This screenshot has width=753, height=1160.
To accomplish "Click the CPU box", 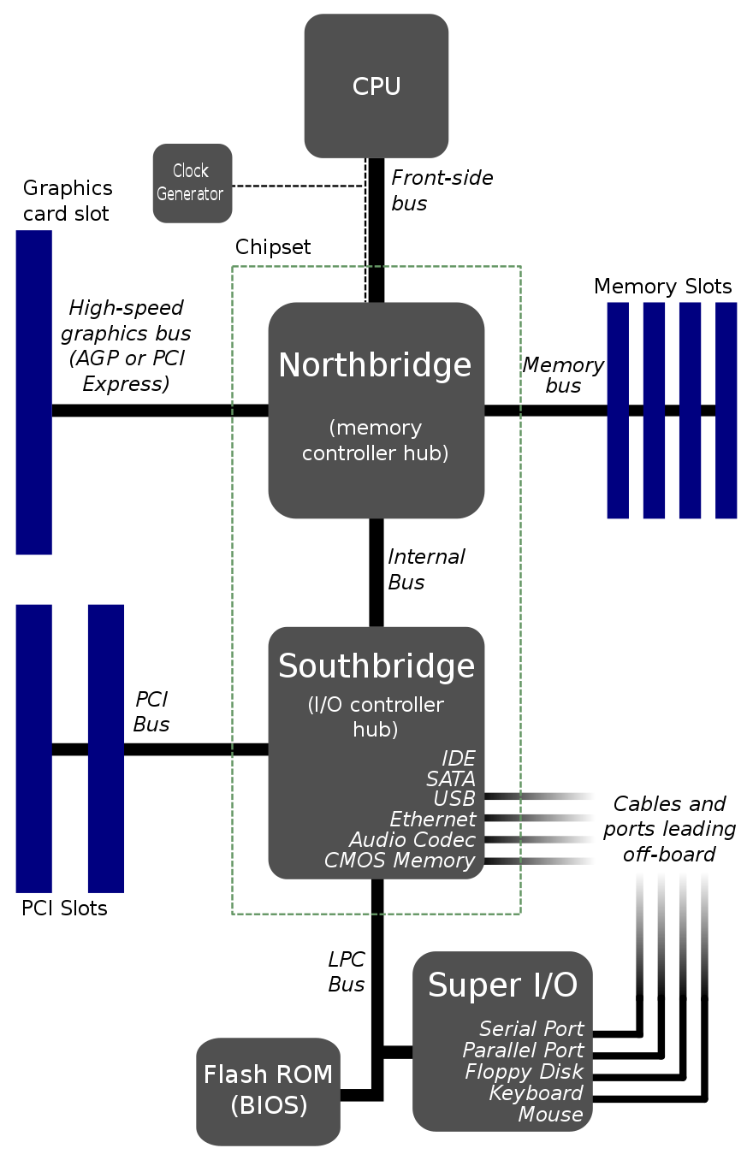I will tap(376, 86).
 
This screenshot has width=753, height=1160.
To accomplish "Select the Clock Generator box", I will tap(192, 183).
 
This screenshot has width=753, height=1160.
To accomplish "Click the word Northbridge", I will tap(375, 365).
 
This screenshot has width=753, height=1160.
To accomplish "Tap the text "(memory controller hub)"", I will tap(375, 440).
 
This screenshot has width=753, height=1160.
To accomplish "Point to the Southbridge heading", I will tap(376, 666).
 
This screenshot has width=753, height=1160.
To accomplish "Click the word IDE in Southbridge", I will tap(458, 759).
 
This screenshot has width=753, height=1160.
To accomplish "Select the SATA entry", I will tap(450, 779).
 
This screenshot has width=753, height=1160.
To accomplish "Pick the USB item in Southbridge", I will tap(454, 799).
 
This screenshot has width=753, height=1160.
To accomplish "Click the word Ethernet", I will tap(432, 820).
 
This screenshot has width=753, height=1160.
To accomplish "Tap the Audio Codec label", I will tap(412, 840).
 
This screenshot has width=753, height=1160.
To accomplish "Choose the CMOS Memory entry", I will tap(399, 861).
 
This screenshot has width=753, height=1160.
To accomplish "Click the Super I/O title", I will tap(502, 985).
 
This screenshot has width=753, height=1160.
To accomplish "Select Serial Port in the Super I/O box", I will tap(531, 1029).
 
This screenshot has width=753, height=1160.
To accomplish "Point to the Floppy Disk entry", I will tap(524, 1072).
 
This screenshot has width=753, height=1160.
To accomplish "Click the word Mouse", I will tap(550, 1115).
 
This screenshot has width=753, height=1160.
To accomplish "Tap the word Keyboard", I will tap(536, 1093).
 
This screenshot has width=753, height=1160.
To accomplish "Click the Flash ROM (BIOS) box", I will tap(268, 1091).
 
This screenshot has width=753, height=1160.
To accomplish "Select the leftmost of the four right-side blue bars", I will tap(618, 411).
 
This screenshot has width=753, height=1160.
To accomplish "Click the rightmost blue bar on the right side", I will tap(726, 411).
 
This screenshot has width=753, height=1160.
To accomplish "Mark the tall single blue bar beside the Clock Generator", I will tap(34, 393).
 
